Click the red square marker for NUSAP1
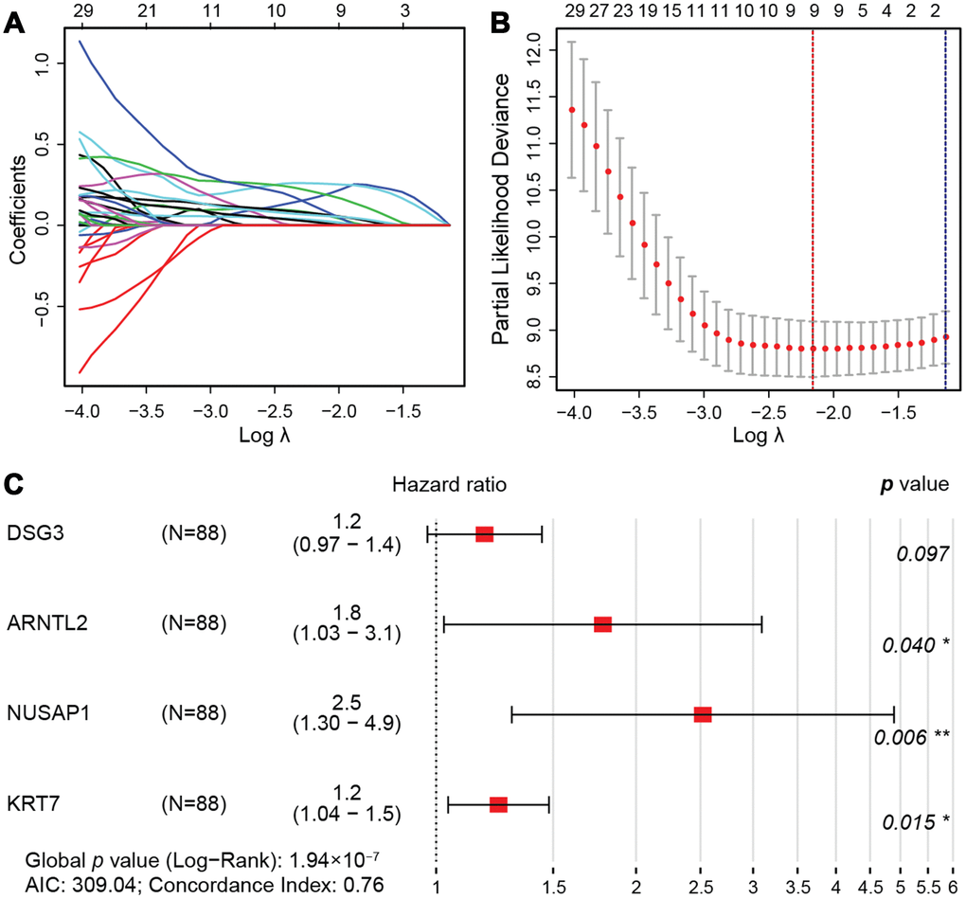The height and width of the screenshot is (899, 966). point(703,714)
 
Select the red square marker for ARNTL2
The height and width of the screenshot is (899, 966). point(602,624)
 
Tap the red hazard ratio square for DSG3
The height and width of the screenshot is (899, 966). point(484,534)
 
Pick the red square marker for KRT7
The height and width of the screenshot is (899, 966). point(498,804)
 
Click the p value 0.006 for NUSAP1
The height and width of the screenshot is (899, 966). point(900,737)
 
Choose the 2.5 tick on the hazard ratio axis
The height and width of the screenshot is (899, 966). point(700,888)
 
